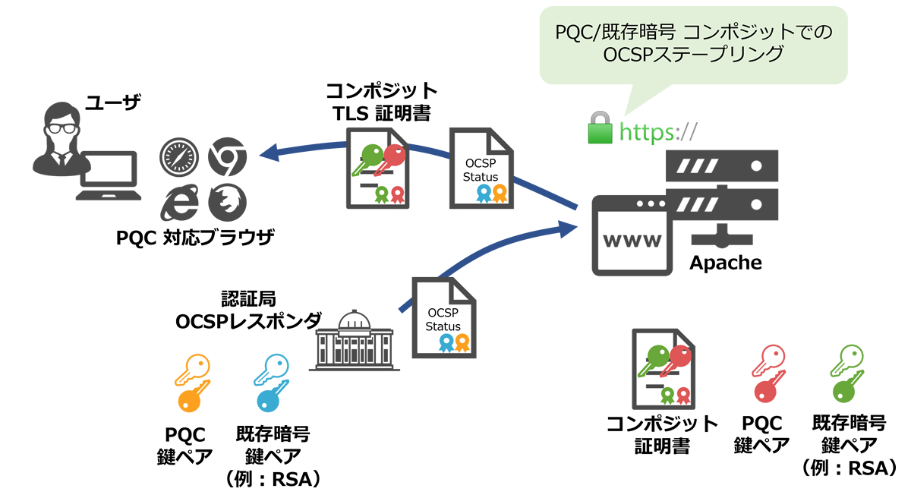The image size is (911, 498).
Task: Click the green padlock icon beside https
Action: pos(600,129)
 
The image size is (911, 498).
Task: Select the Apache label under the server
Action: pos(725,263)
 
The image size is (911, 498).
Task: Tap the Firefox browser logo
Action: pos(224,200)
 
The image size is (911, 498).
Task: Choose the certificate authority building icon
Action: pos(354,341)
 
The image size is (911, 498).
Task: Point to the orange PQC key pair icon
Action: pos(190,383)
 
